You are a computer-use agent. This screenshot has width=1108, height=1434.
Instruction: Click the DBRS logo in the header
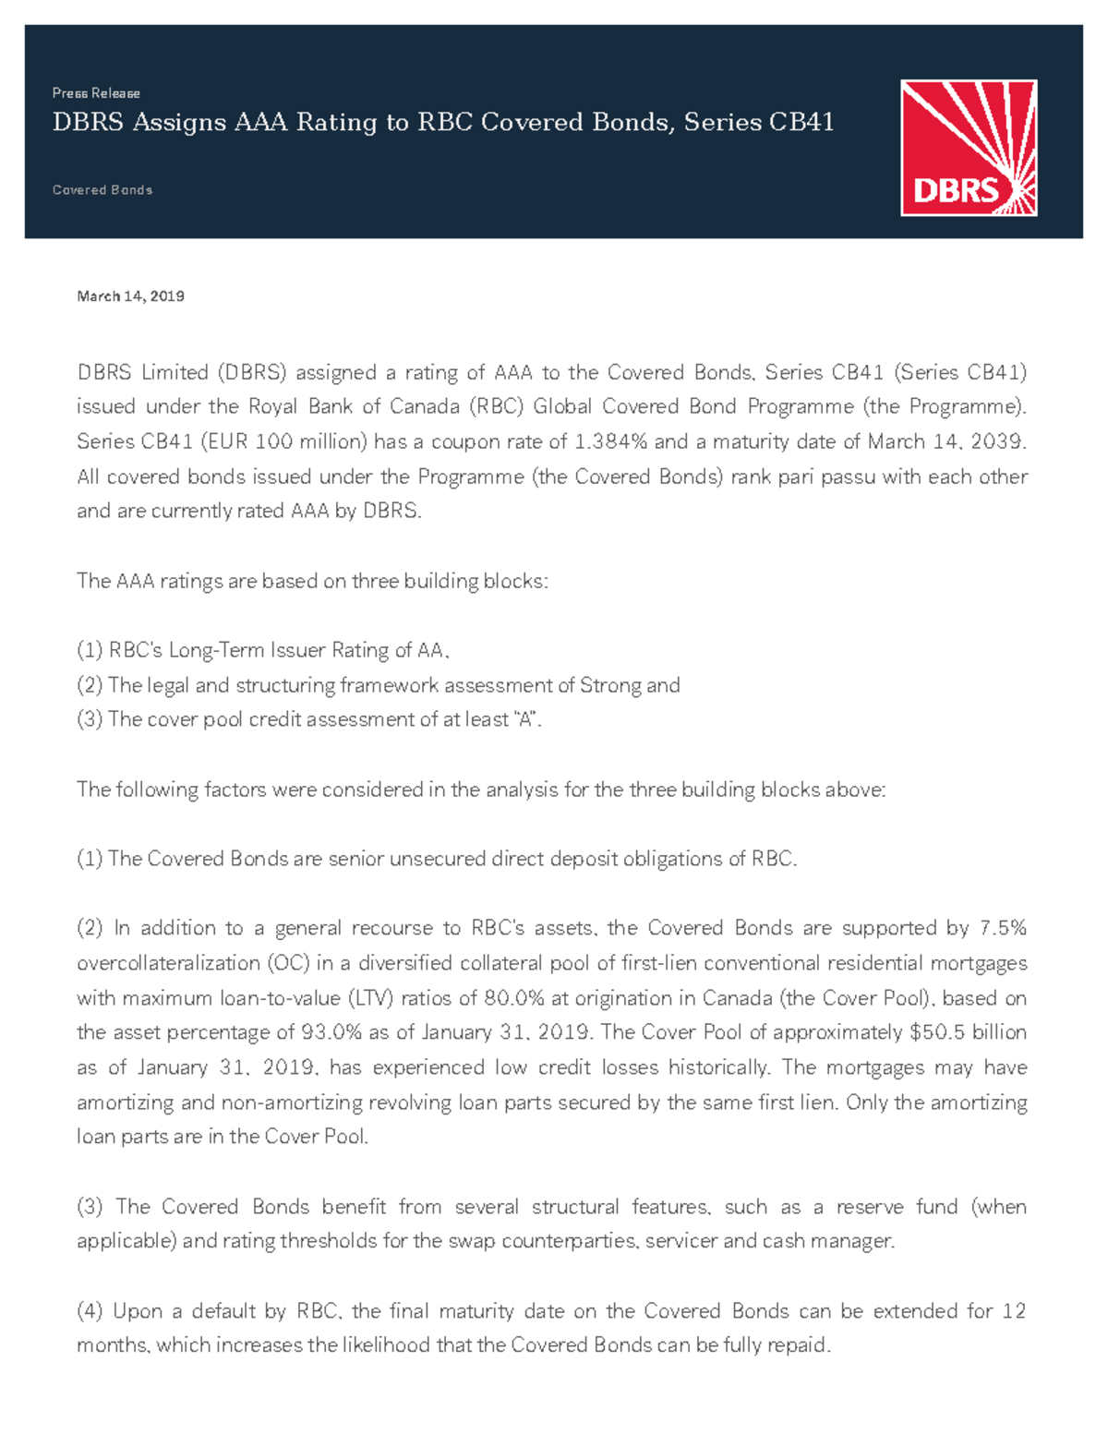pos(969,148)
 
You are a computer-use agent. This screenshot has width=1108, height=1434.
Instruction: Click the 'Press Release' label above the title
pos(96,93)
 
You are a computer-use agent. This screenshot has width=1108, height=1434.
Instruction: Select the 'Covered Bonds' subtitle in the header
pos(102,190)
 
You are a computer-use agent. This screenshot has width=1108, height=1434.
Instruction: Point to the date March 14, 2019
pos(130,296)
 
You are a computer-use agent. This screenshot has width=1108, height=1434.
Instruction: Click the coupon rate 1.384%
pos(610,442)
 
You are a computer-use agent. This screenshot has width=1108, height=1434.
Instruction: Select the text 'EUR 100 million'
pos(286,442)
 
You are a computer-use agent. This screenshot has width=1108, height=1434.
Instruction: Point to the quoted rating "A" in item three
pos(525,720)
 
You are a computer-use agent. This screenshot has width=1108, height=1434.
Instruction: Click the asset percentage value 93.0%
pos(331,1033)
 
